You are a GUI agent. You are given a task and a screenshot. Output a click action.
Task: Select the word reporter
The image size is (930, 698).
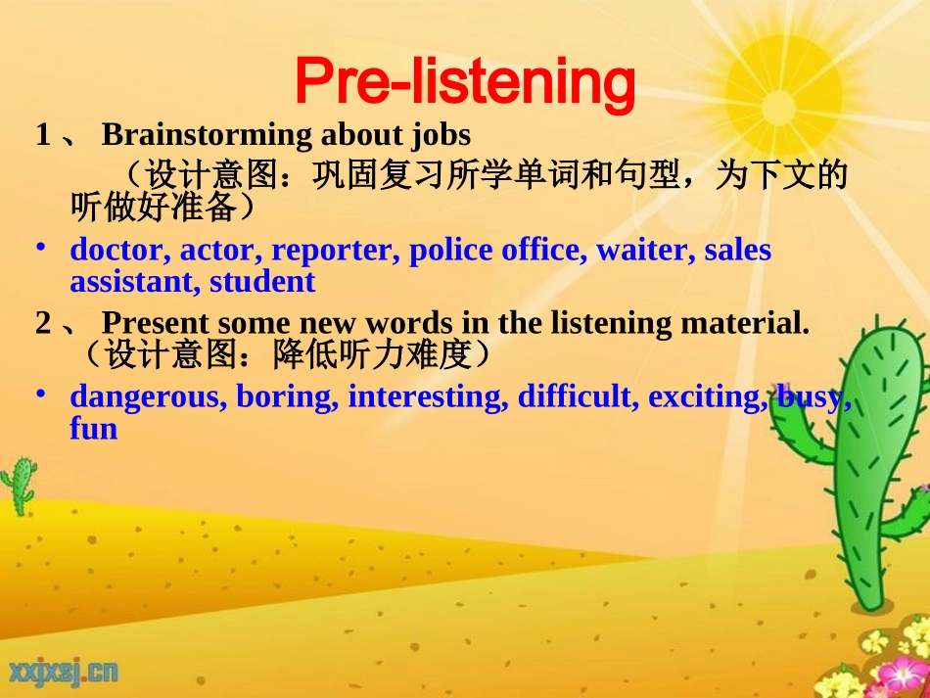click(x=331, y=251)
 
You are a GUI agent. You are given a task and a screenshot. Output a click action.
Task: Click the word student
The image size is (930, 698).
click(x=262, y=282)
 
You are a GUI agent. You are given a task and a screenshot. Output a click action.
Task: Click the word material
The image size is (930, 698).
click(x=748, y=323)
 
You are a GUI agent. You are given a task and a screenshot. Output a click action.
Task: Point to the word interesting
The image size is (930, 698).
click(x=427, y=397)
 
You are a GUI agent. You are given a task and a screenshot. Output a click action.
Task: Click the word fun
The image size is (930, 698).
click(x=93, y=429)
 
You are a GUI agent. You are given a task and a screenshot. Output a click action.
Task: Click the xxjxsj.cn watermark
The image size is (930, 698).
click(x=65, y=671)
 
